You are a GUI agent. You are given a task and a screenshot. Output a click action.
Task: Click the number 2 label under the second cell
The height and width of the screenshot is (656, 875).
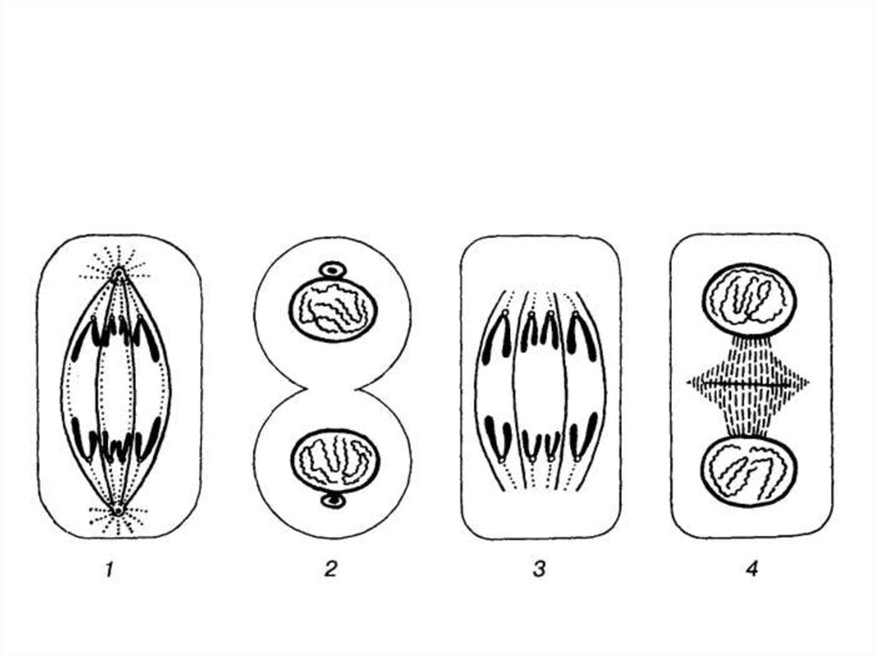coord(331,570)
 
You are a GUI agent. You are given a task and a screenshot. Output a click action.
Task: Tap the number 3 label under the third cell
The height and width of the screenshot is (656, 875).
coord(538,570)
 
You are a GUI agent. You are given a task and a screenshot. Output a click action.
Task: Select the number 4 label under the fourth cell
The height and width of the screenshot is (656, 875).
coord(752,570)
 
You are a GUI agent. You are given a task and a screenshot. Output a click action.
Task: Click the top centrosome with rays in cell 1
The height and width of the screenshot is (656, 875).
coord(118,273)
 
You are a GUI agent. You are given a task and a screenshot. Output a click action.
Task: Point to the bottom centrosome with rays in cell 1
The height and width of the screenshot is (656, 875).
coord(118,510)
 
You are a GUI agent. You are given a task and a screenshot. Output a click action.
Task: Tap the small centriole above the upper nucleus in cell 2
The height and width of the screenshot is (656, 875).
coord(332,270)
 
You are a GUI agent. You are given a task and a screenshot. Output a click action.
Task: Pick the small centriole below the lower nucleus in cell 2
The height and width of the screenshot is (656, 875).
coord(334,500)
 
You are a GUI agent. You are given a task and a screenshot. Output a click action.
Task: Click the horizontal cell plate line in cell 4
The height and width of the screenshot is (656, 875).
coord(748,383)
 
